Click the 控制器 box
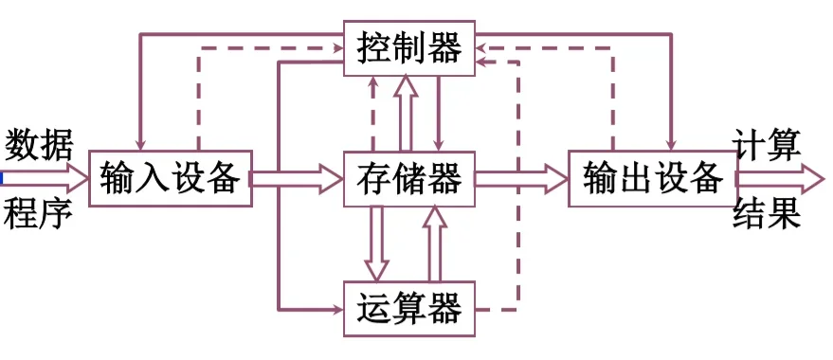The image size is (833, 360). tap(408, 46)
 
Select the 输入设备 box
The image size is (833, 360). tap(171, 177)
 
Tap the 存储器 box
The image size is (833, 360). tap(408, 177)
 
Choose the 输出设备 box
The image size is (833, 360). tap(652, 177)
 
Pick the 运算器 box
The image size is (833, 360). tap(408, 308)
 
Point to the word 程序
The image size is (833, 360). tap(39, 214)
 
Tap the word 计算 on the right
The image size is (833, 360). tap(768, 144)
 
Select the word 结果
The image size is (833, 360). tap(768, 214)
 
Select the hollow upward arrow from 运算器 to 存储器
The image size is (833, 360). tap(434, 242)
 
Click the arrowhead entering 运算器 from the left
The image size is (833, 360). tap(334, 309)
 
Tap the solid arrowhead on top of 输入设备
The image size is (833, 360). tap(141, 142)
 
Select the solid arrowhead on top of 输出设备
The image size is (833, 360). tap(671, 142)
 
